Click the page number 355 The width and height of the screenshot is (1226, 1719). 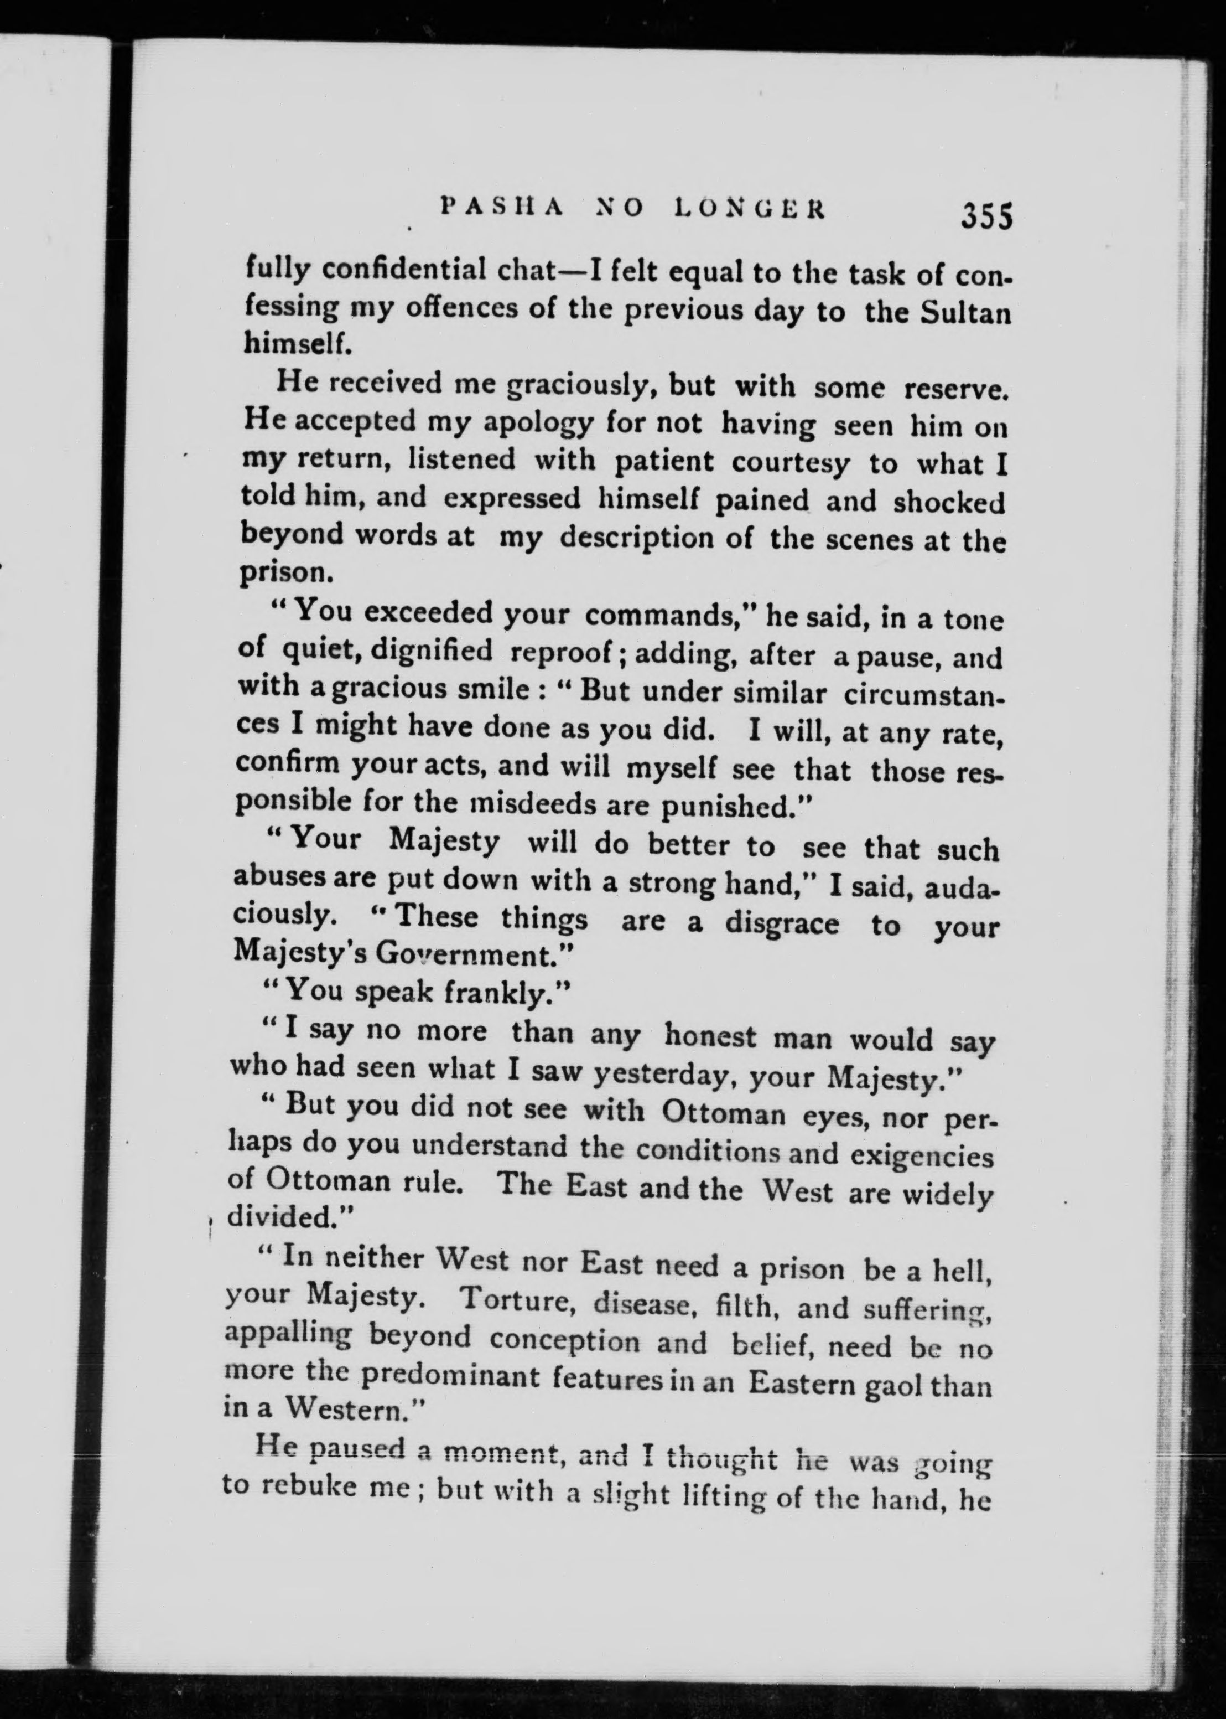click(x=986, y=217)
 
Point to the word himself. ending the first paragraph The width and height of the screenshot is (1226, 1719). click(x=297, y=345)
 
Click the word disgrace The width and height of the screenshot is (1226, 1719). click(x=781, y=923)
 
